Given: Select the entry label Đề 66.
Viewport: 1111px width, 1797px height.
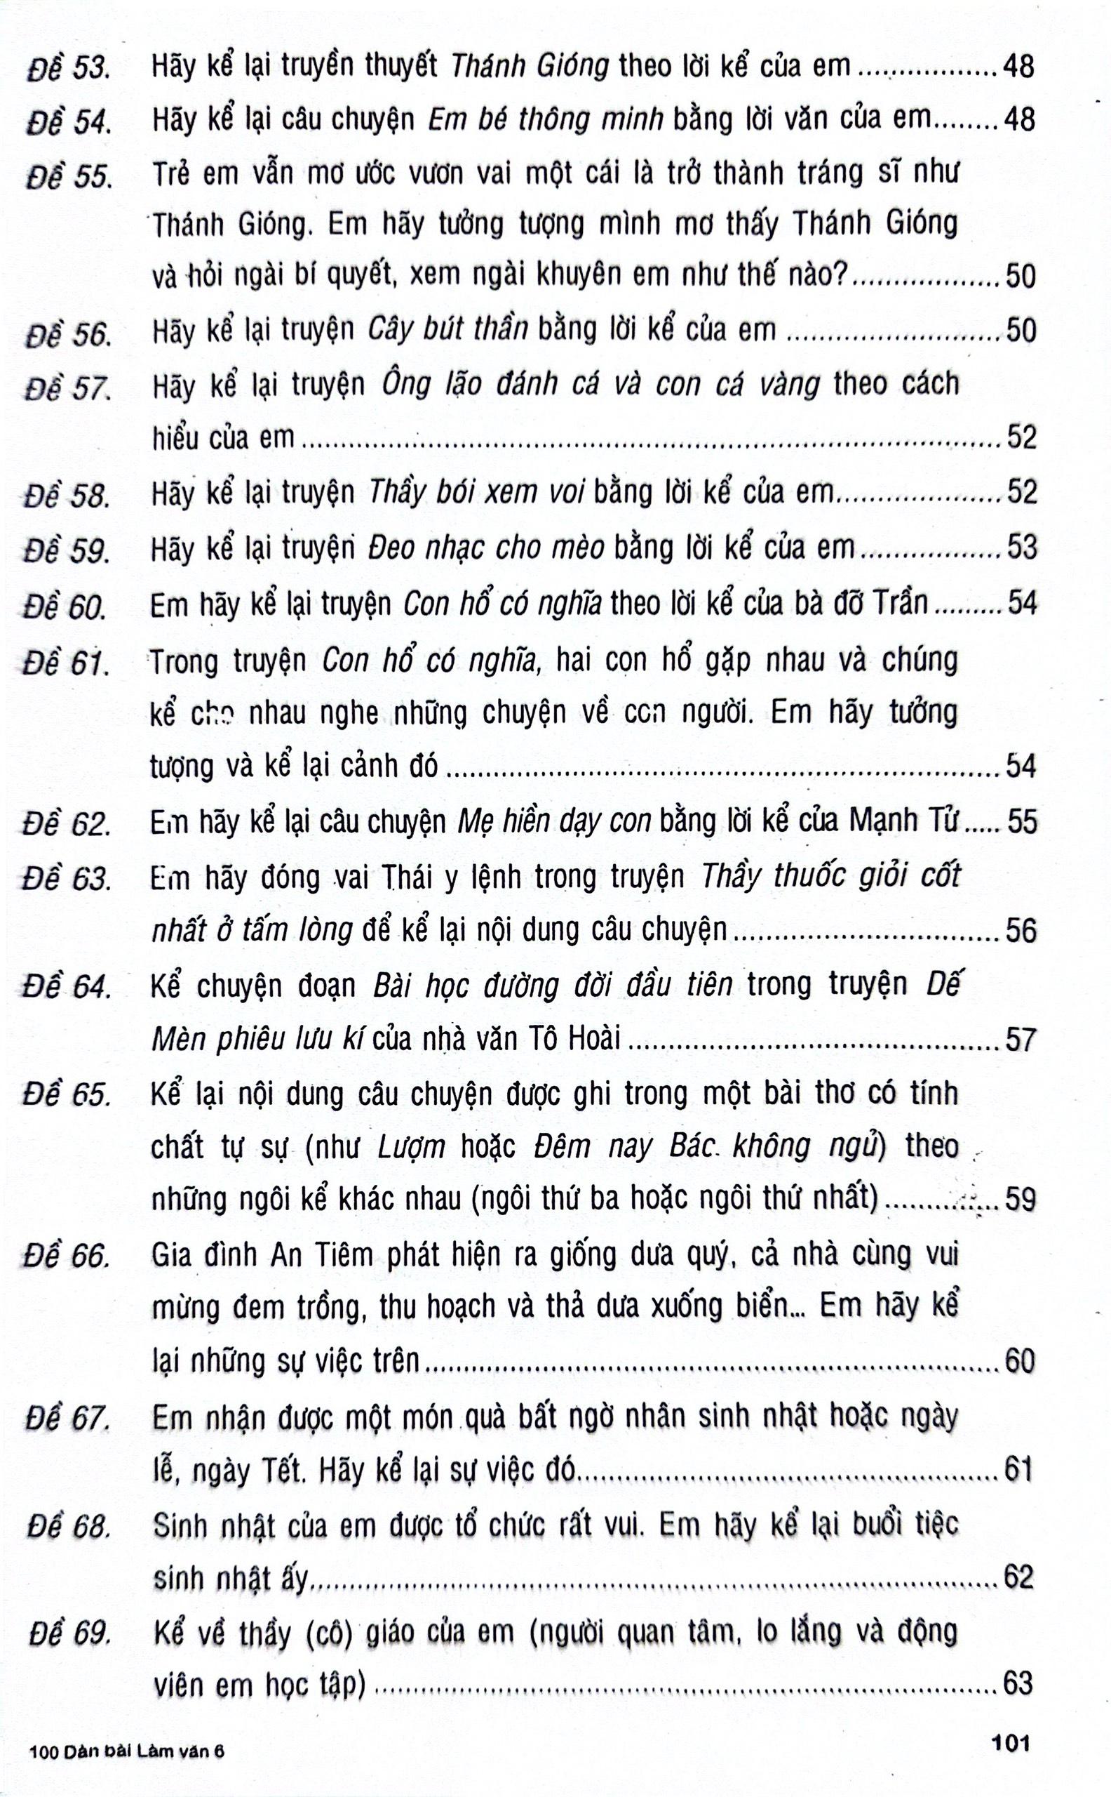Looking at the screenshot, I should [67, 1256].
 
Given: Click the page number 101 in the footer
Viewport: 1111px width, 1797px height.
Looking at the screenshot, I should [1010, 1742].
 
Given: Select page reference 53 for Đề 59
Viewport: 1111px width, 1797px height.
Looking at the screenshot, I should [1021, 548].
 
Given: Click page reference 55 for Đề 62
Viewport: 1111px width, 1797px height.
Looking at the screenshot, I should [1021, 821].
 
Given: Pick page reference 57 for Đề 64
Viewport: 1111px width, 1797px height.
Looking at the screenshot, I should [1021, 1040].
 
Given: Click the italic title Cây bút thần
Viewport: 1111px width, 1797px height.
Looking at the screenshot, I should [447, 329].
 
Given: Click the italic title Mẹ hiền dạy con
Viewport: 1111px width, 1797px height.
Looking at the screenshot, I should [554, 821].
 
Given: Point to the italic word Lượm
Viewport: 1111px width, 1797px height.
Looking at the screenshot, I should [411, 1146].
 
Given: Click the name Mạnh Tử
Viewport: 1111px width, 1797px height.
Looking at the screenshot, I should [904, 821].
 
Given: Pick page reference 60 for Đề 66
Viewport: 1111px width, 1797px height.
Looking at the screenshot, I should [1019, 1362].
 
